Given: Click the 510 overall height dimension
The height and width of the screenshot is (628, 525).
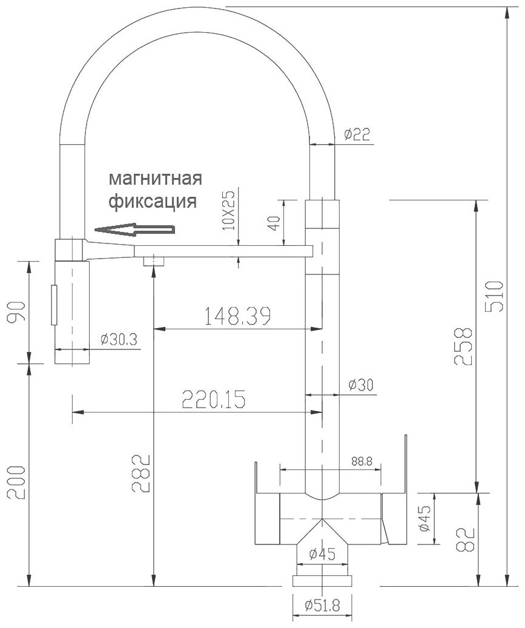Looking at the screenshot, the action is pyautogui.click(x=494, y=297).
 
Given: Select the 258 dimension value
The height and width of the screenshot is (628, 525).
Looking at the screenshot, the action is pyautogui.click(x=464, y=346).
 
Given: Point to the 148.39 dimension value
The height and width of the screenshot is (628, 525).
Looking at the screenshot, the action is pyautogui.click(x=238, y=316).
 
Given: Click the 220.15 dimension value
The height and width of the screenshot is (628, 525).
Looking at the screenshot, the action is pyautogui.click(x=214, y=399).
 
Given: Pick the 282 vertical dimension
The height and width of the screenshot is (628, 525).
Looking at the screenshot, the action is pyautogui.click(x=141, y=473).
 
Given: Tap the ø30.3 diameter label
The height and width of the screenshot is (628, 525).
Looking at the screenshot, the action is pyautogui.click(x=119, y=340).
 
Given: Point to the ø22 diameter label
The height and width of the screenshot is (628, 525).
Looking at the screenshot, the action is pyautogui.click(x=357, y=134).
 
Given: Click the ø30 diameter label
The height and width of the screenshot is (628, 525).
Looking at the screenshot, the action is pyautogui.click(x=361, y=385).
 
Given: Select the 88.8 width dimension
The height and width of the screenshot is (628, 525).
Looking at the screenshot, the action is pyautogui.click(x=362, y=461).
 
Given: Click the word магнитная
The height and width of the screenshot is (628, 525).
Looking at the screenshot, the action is pyautogui.click(x=156, y=179).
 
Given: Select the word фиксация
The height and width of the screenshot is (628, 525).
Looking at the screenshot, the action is pyautogui.click(x=153, y=201).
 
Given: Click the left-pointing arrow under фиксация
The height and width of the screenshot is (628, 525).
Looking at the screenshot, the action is pyautogui.click(x=134, y=230).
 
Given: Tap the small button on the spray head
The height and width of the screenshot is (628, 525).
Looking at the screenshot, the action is pyautogui.click(x=54, y=305).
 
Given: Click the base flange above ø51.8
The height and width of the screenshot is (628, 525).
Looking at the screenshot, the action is pyautogui.click(x=322, y=581).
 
